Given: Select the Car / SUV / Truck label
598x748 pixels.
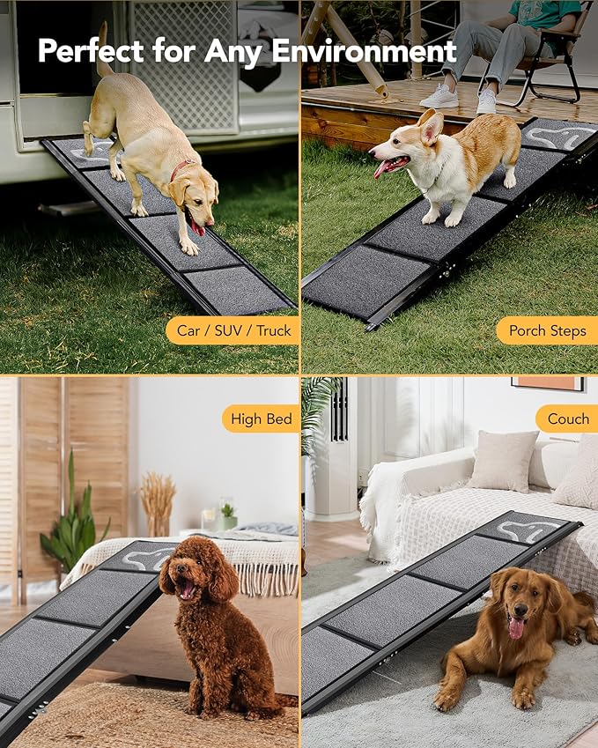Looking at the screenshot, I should [x=233, y=331].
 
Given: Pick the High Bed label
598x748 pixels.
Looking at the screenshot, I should [x=261, y=419].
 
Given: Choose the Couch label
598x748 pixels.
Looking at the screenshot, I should [x=568, y=419].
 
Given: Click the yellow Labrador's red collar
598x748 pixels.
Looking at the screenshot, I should [x=181, y=167].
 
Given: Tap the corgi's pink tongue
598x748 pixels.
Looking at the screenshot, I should [x=381, y=168].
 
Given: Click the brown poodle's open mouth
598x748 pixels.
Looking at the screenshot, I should [x=187, y=588].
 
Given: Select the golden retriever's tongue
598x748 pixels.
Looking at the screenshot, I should [x=515, y=626].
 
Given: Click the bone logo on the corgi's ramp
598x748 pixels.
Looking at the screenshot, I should [x=558, y=137].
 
